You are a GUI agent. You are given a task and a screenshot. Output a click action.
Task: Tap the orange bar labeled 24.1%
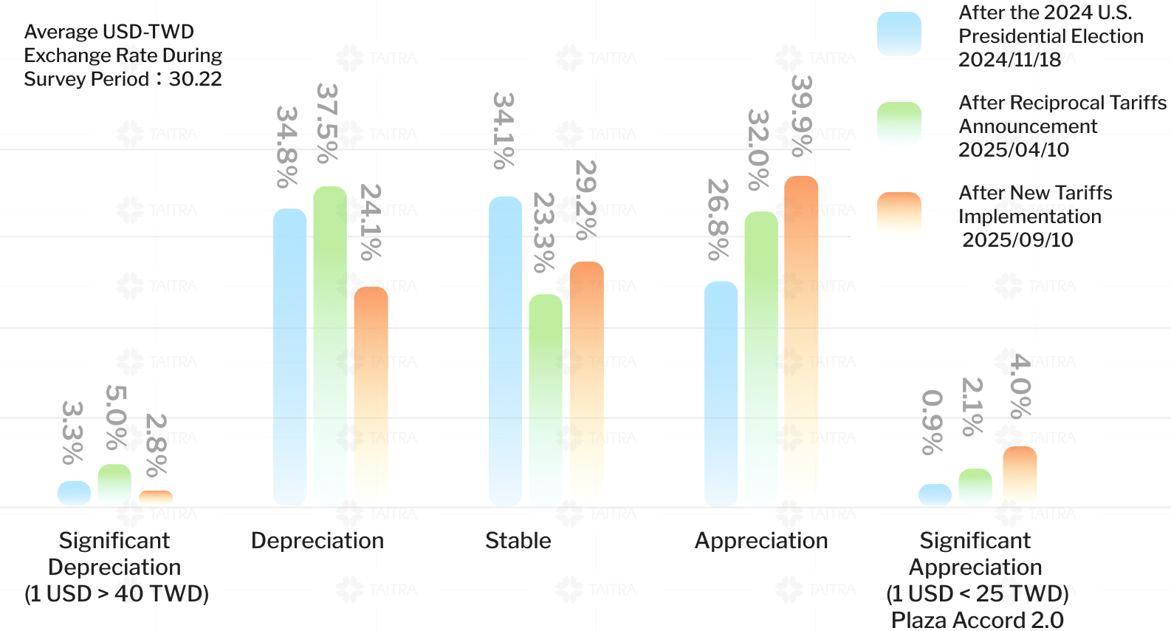point(371,396)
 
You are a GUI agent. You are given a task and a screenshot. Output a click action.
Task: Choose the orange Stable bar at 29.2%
point(586,383)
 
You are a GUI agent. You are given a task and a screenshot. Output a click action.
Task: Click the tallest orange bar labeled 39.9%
point(801,341)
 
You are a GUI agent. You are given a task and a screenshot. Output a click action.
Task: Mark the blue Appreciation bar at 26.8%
point(721,393)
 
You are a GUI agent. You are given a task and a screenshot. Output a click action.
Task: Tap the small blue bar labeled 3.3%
point(75,494)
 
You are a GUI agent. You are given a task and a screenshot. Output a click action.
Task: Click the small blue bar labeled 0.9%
point(935,495)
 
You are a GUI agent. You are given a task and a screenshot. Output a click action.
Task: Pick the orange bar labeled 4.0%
point(1020,477)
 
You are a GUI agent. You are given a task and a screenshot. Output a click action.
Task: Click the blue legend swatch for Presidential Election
point(899,34)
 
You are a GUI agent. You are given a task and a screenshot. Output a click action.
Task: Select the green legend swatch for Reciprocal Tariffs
point(899,124)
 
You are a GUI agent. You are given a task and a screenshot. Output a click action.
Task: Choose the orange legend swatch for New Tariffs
point(899,214)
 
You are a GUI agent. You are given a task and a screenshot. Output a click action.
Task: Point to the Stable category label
point(518,541)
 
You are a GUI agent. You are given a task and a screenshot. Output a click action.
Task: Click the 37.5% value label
point(327,123)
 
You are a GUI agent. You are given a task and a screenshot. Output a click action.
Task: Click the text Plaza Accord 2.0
point(978,620)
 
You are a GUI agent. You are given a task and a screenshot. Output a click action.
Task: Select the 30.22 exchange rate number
point(196,79)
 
